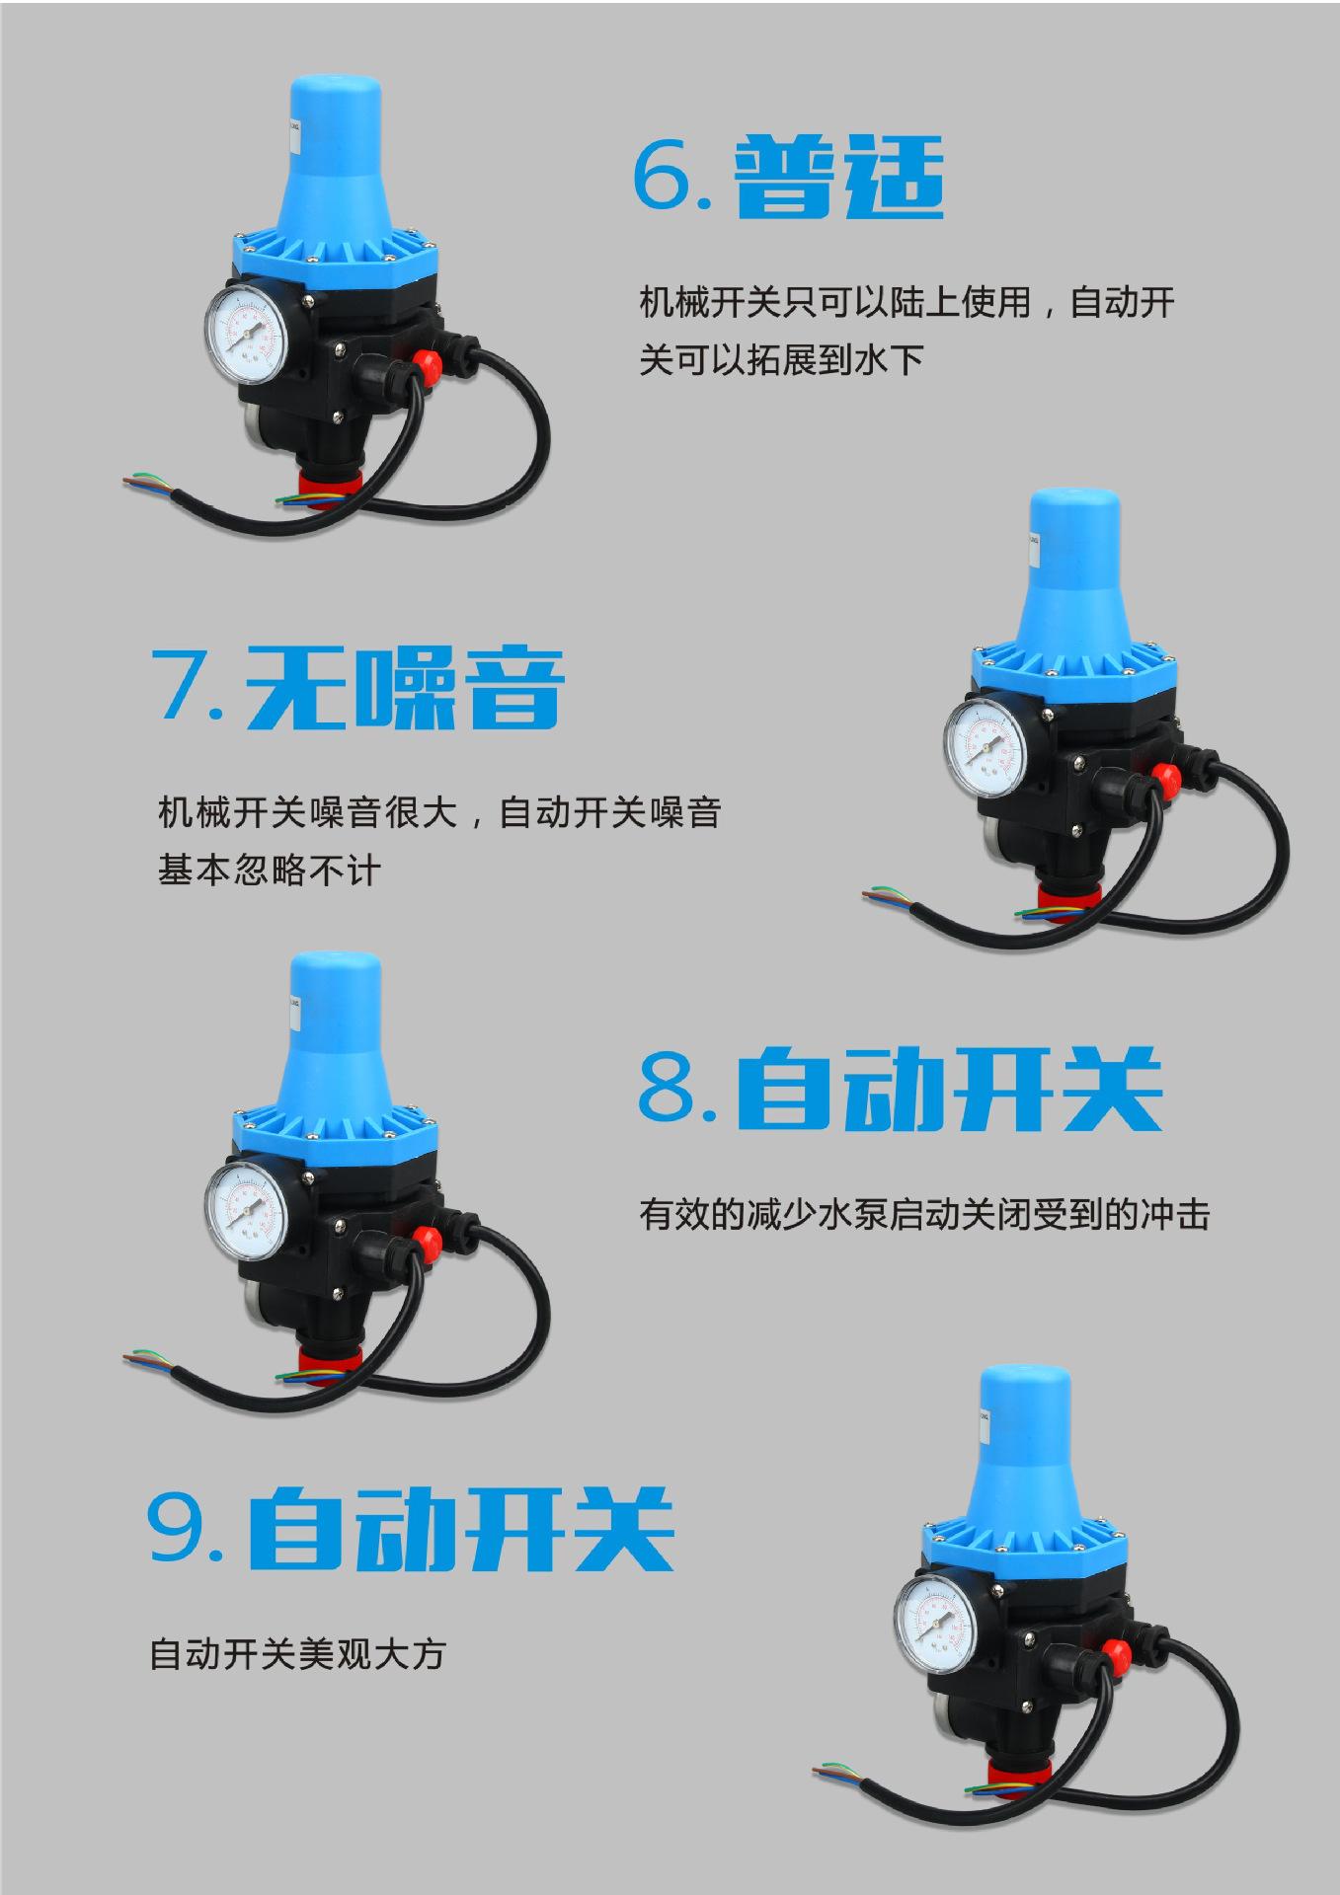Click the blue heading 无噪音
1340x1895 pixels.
point(404,686)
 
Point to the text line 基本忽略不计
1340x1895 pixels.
point(269,871)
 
